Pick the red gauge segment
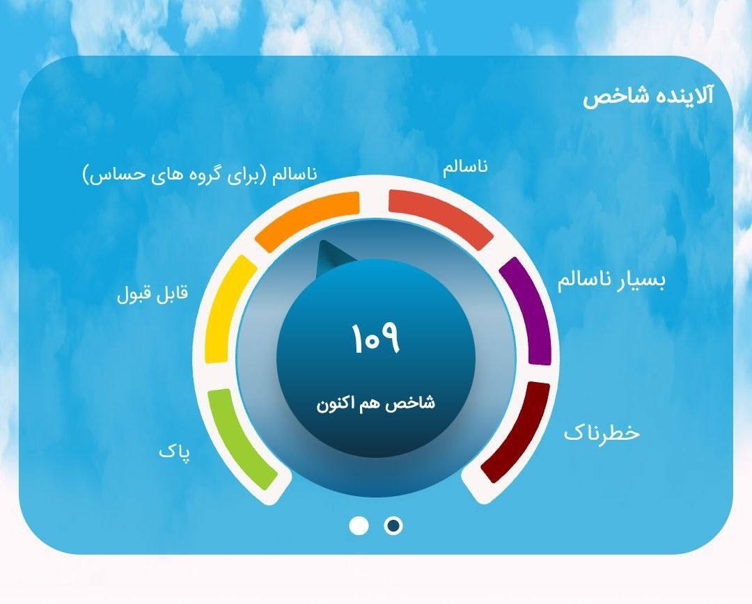(x=441, y=218)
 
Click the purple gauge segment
(x=526, y=310)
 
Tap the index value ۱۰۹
(x=375, y=338)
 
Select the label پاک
(x=174, y=452)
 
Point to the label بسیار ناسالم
(x=611, y=281)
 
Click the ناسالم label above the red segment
(x=465, y=168)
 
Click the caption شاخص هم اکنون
(x=376, y=403)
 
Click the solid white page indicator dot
(x=359, y=525)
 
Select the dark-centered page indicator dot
(x=393, y=525)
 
